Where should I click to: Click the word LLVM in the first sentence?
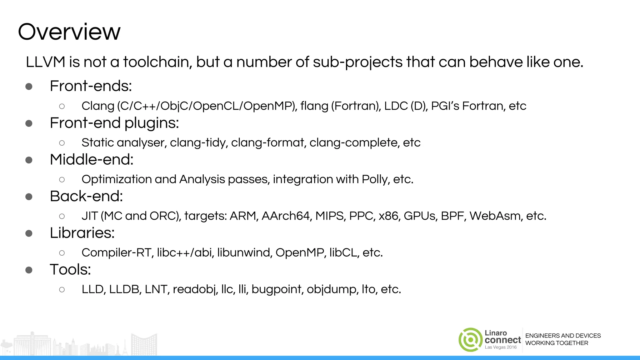[x=45, y=62]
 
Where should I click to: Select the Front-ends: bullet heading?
[x=91, y=86]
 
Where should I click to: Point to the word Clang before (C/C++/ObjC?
[x=98, y=106]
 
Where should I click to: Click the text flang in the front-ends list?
[x=314, y=106]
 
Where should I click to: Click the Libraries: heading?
[x=82, y=233]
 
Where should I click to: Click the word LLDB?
[x=124, y=289]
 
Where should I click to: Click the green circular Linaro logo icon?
[x=470, y=340]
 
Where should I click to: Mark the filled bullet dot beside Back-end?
[x=29, y=197]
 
